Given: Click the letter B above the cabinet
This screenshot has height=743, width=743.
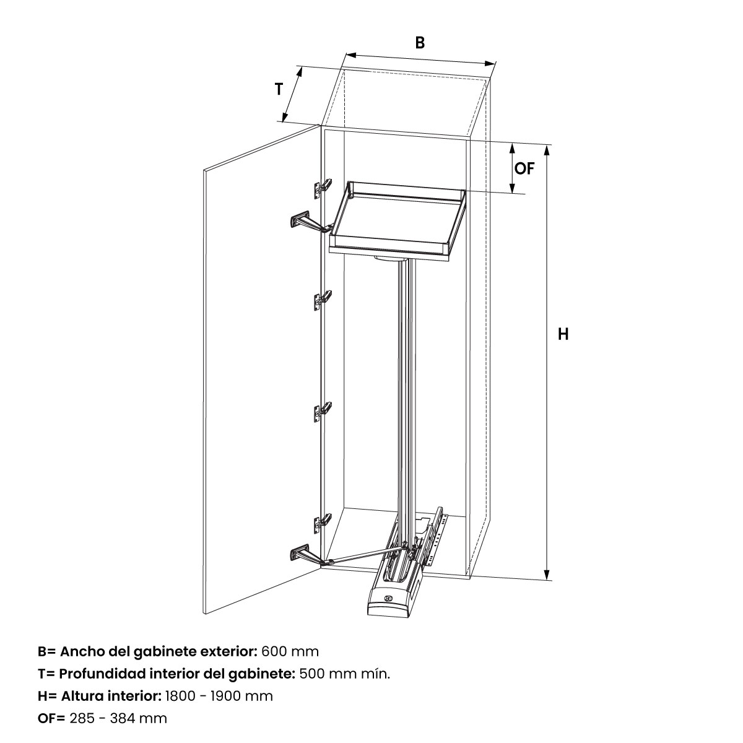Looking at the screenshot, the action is point(420,43).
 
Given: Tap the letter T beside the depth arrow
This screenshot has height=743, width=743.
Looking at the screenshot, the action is point(279,89).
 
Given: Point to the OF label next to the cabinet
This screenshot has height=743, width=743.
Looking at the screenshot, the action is point(524,168).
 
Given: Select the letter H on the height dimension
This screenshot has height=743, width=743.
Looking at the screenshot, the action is point(563,334).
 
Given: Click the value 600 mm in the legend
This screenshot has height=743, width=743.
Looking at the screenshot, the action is point(290,651).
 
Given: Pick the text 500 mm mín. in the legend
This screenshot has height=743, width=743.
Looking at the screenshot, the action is point(345,674).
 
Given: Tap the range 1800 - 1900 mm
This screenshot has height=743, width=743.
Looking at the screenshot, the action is point(219,696).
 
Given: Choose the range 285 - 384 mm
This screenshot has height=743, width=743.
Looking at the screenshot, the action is point(118,718).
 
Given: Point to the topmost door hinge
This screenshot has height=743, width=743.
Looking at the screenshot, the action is point(323,188).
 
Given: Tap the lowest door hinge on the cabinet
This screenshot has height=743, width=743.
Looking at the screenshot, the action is point(323,523).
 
